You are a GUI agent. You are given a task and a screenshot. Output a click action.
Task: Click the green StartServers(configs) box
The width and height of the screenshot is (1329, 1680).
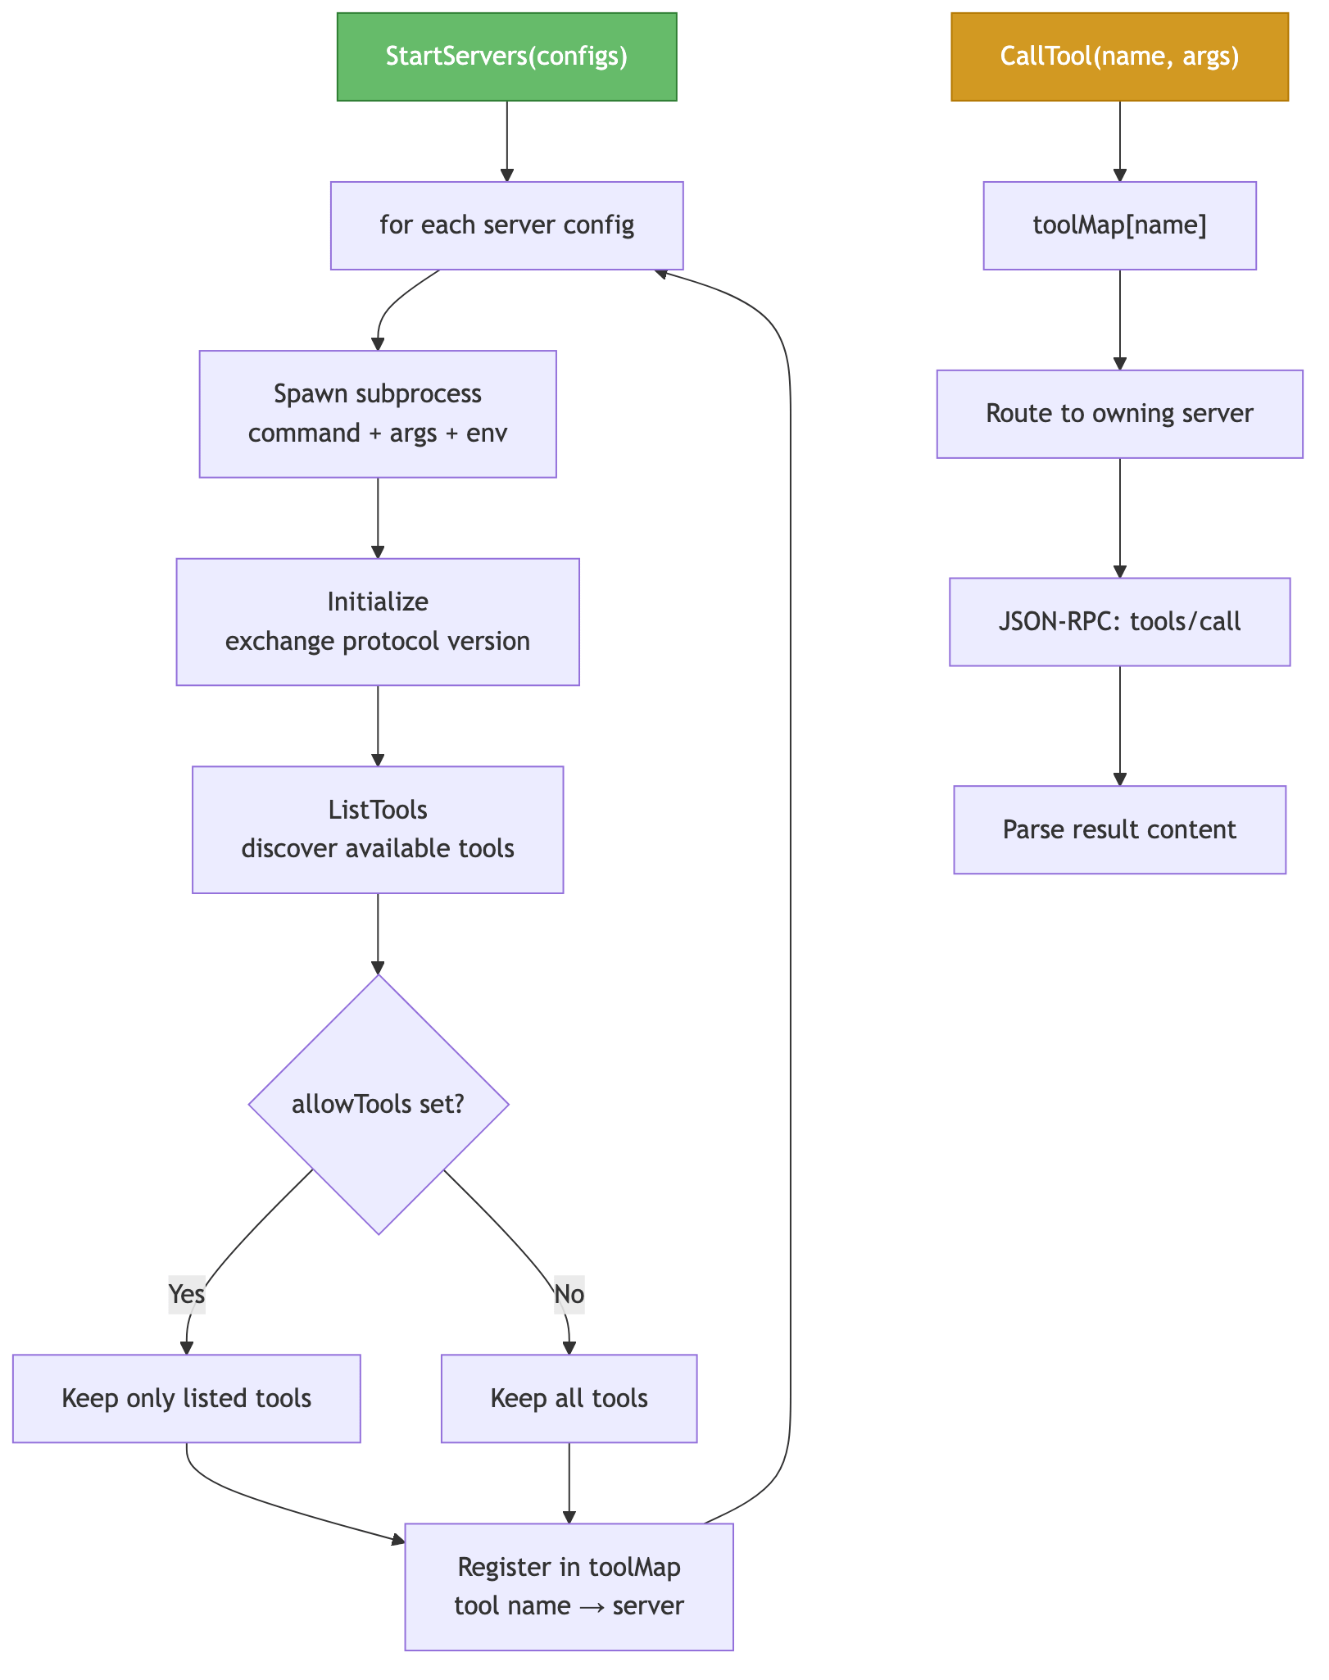tap(507, 57)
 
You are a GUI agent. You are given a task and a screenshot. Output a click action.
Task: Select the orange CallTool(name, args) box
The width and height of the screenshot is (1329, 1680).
tap(1120, 57)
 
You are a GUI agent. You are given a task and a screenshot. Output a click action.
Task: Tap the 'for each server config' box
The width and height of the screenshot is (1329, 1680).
tap(507, 225)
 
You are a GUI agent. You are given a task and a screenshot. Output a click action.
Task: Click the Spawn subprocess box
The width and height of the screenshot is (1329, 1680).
tap(378, 414)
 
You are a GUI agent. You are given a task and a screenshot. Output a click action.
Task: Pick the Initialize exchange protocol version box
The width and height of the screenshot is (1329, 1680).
tap(378, 622)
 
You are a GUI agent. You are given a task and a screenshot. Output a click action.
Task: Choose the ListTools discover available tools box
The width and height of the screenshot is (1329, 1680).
tap(378, 829)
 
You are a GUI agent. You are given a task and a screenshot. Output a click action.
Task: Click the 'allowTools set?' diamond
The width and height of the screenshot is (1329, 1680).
tap(379, 1104)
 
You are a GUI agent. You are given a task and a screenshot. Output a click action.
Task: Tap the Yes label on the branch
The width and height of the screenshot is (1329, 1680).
tap(187, 1294)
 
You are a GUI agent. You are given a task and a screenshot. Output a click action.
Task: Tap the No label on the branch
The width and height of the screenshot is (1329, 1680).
tap(569, 1294)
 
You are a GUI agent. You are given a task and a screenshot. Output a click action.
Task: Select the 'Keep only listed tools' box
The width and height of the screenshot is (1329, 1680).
tap(187, 1398)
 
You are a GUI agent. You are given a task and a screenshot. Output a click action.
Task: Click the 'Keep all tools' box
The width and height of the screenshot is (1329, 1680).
tap(569, 1398)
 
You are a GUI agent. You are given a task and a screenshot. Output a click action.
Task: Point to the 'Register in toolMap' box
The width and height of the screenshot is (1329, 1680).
tap(569, 1587)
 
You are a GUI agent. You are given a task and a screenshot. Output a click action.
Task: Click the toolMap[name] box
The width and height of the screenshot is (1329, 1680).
tap(1120, 225)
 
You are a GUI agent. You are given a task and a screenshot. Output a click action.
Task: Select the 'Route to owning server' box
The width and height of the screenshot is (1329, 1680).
tap(1120, 414)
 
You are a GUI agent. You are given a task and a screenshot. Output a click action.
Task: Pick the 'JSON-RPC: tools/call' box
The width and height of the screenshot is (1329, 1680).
tap(1120, 622)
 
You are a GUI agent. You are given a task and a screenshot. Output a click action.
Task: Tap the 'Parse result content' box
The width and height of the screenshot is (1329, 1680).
tap(1120, 830)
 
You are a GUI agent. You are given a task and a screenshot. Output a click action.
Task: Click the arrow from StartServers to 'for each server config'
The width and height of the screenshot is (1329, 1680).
tap(507, 141)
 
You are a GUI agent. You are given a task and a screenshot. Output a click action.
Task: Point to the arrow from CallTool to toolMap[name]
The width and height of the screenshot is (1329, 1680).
tap(1120, 141)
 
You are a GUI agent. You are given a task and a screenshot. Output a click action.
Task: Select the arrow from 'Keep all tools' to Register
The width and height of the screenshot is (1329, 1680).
tap(569, 1482)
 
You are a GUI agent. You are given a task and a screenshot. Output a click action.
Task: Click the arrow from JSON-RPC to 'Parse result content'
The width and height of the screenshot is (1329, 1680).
tap(1120, 725)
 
